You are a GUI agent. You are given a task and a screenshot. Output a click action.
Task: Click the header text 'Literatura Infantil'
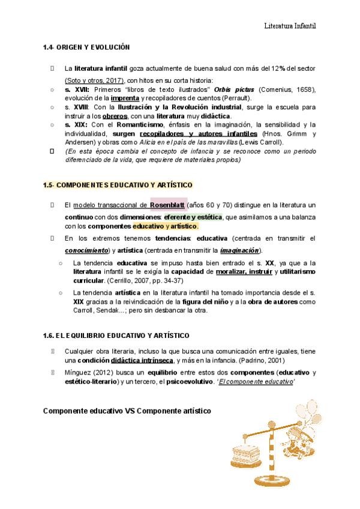tap(290, 26)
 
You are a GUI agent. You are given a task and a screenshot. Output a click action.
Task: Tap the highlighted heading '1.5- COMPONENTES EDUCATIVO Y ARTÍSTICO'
tap(118, 185)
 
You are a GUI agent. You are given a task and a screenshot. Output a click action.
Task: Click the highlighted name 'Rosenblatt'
tap(169, 205)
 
